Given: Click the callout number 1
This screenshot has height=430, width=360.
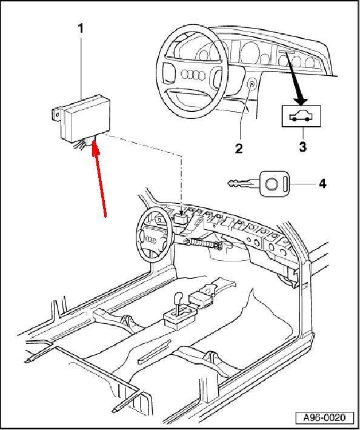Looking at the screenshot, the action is pyautogui.click(x=81, y=29).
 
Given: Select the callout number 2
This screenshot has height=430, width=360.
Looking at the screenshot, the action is pyautogui.click(x=239, y=149).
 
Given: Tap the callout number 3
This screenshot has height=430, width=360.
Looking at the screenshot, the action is pyautogui.click(x=302, y=147).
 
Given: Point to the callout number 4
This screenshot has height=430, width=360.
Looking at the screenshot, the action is pyautogui.click(x=323, y=184).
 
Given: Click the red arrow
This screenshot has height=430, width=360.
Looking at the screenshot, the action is pyautogui.click(x=99, y=178).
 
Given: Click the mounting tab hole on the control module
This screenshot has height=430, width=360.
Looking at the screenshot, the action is pyautogui.click(x=57, y=115).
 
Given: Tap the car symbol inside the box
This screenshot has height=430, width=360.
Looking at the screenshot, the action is pyautogui.click(x=301, y=116).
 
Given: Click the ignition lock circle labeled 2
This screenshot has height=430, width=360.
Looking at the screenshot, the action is pyautogui.click(x=251, y=84).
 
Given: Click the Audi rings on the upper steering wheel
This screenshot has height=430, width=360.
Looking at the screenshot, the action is pyautogui.click(x=193, y=75).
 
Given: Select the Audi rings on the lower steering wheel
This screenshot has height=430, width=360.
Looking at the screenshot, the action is pyautogui.click(x=151, y=240).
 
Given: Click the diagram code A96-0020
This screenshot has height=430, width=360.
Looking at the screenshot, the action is pyautogui.click(x=325, y=418).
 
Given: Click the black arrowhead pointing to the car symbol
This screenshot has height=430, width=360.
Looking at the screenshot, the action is pyautogui.click(x=301, y=100).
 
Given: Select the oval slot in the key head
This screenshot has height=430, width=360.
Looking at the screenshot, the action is pyautogui.click(x=285, y=184).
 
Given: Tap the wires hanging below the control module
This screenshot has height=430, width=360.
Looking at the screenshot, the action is pyautogui.click(x=80, y=144).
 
